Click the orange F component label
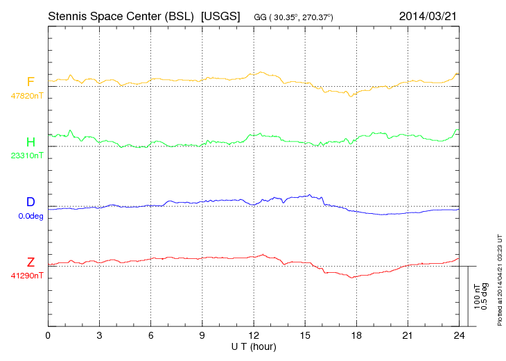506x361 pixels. pyautogui.click(x=30, y=82)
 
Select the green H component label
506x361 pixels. pyautogui.click(x=30, y=142)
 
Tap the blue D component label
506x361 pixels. pyautogui.click(x=30, y=202)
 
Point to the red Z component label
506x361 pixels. pyautogui.click(x=30, y=262)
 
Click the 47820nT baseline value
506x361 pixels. pyautogui.click(x=26, y=96)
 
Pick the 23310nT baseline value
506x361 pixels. pyautogui.click(x=26, y=156)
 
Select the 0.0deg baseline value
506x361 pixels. pyautogui.click(x=30, y=216)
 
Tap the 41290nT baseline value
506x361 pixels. pyautogui.click(x=26, y=276)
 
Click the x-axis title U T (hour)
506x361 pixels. pyautogui.click(x=254, y=346)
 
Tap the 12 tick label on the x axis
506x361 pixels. pyautogui.click(x=254, y=335)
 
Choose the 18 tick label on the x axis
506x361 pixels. pyautogui.click(x=356, y=335)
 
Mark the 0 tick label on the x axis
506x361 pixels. pyautogui.click(x=48, y=335)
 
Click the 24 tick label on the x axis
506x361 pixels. pyautogui.click(x=459, y=335)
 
